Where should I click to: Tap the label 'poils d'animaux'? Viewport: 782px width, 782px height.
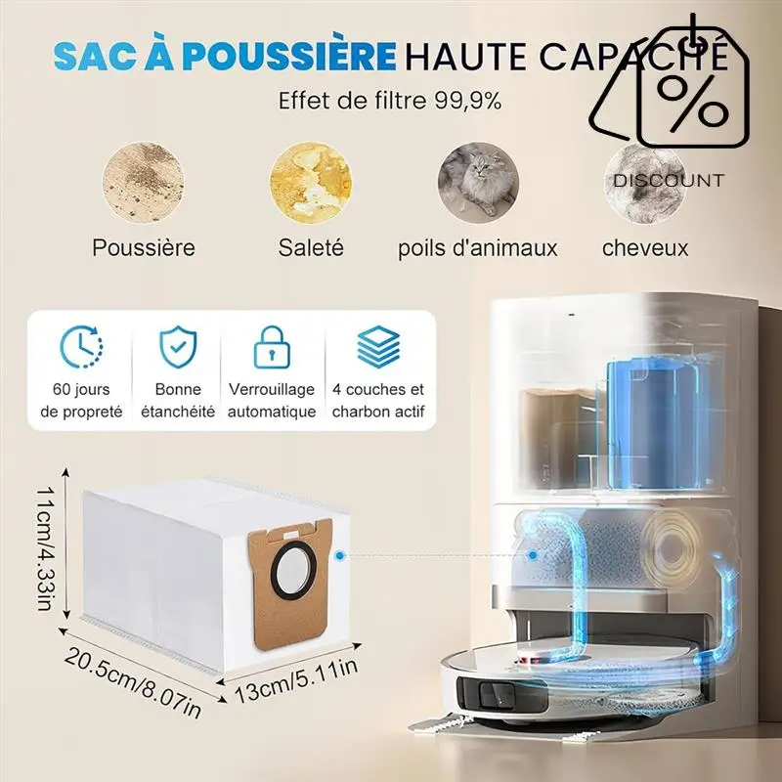[477, 248]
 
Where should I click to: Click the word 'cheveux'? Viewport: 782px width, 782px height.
[645, 248]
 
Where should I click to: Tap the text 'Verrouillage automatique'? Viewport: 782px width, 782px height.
[272, 400]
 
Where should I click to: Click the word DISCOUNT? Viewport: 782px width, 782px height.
[669, 181]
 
